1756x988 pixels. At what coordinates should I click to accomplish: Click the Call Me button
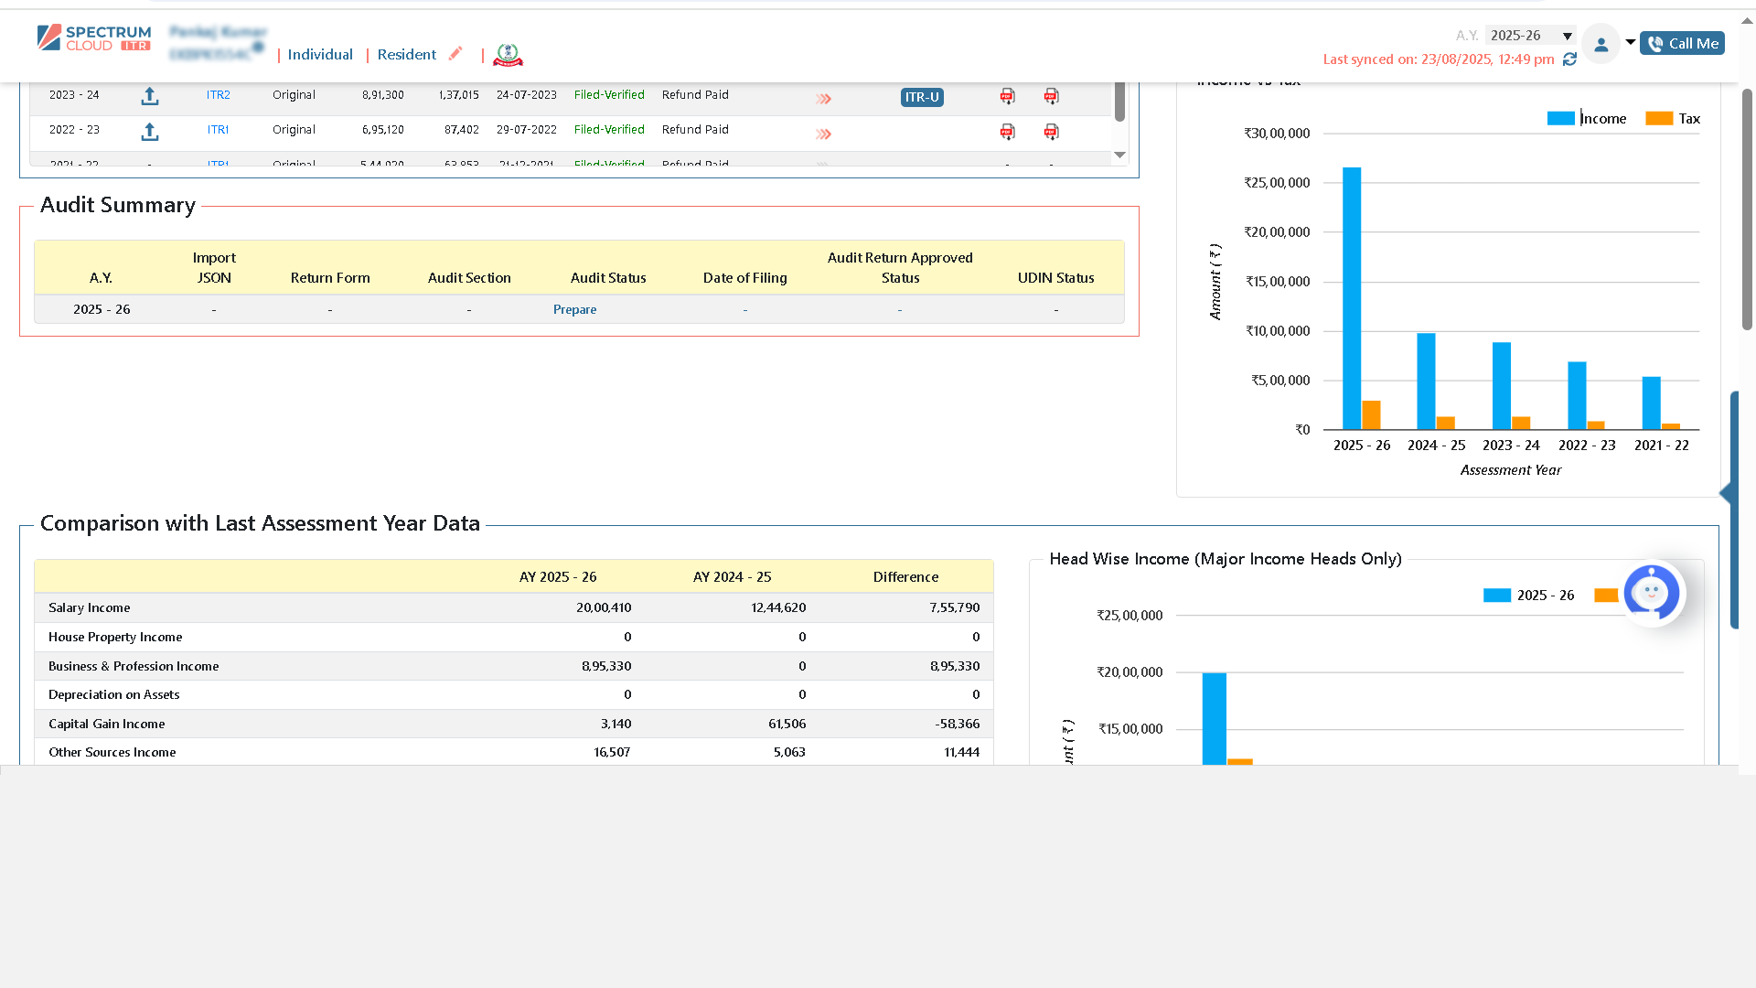(x=1682, y=43)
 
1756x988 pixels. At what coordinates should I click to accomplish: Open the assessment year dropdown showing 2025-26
(x=1531, y=36)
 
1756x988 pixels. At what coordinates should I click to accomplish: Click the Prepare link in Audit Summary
(x=574, y=309)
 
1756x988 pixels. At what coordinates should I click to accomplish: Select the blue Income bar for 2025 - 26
(x=1351, y=298)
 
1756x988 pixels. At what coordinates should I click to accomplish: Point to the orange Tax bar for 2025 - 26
(x=1371, y=415)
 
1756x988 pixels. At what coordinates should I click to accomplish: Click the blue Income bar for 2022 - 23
(x=1577, y=395)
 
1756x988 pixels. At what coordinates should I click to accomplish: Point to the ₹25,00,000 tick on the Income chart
(x=1277, y=183)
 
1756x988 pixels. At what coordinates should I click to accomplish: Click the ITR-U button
(x=921, y=97)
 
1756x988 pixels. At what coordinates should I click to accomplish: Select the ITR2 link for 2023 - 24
(x=218, y=95)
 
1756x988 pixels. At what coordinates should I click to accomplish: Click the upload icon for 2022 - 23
(x=150, y=133)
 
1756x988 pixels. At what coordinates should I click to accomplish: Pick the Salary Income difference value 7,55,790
(x=954, y=607)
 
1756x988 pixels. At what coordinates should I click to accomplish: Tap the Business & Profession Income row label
(x=134, y=666)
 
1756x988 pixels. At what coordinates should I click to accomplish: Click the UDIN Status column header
(x=1055, y=278)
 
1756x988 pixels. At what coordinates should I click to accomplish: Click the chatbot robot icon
(x=1651, y=593)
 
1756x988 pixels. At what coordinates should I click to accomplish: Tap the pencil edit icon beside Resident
(x=455, y=53)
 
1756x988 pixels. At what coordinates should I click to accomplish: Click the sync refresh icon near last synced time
(x=1569, y=59)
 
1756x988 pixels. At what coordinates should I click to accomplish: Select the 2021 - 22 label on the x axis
(x=1661, y=446)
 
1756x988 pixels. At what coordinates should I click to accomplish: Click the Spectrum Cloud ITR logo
(x=94, y=38)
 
